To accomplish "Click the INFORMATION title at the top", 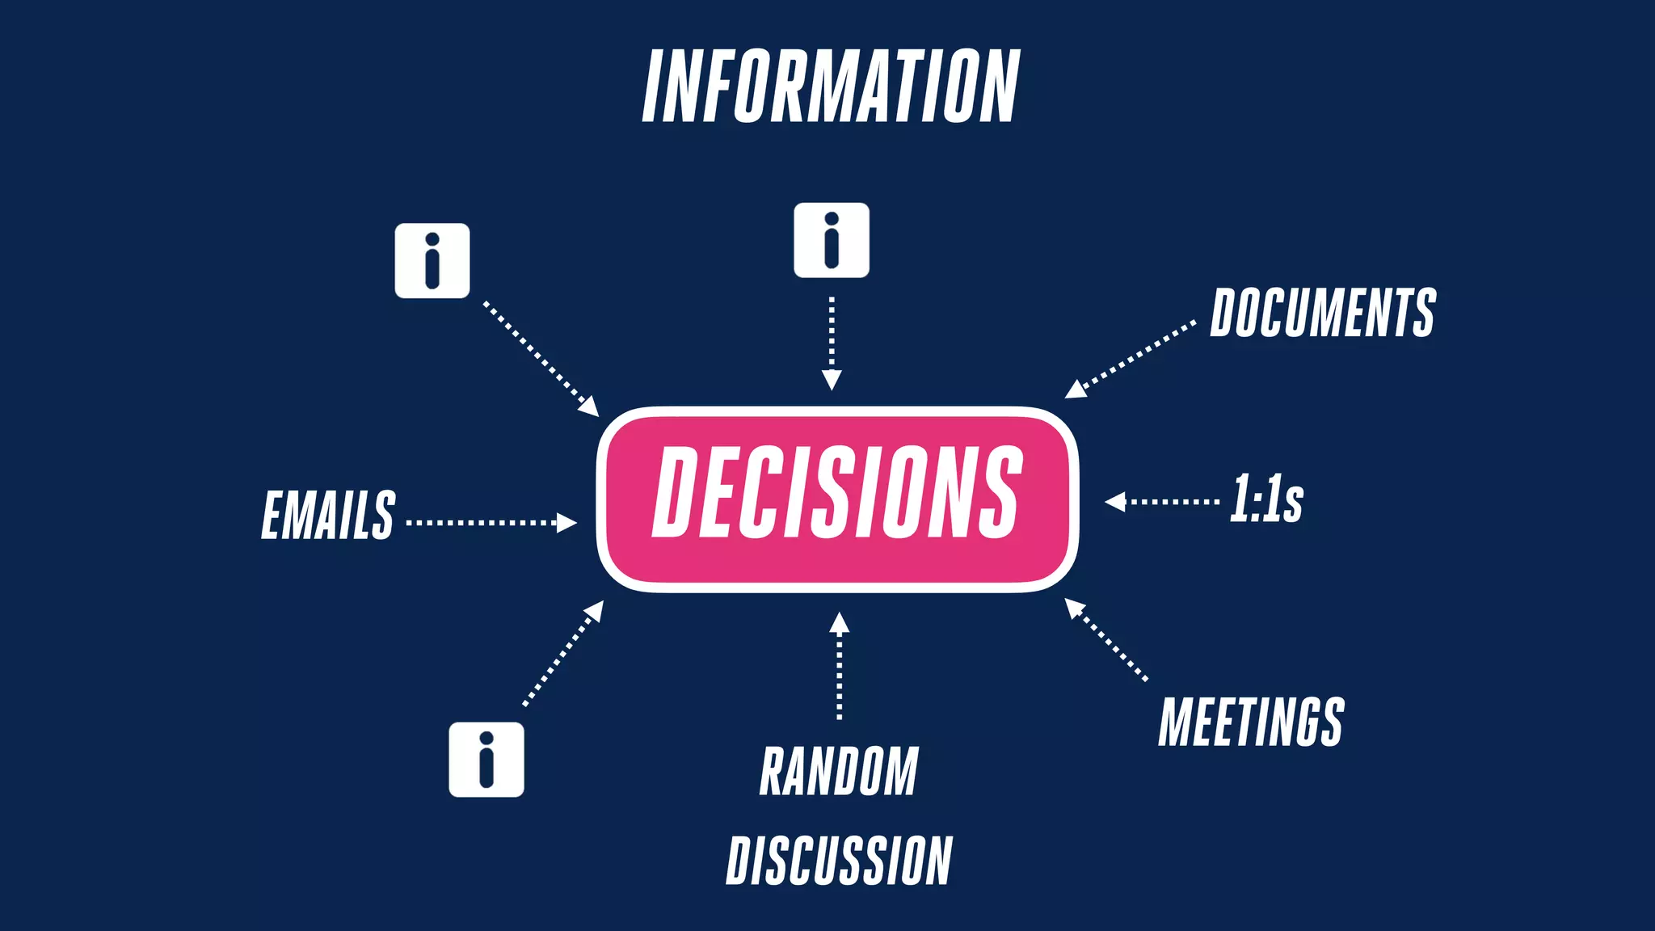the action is [831, 86].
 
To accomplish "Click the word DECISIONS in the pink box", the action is [837, 492].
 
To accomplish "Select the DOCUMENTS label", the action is [1323, 313].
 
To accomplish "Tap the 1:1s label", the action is [1266, 499].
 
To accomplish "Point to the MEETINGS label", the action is [1251, 722].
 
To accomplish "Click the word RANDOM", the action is [839, 772].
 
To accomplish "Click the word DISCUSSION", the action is [839, 861].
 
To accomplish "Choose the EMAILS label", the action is [328, 515].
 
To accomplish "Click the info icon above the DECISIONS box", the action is [832, 241].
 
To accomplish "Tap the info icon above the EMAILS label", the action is [432, 261].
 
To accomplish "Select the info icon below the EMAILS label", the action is [486, 760].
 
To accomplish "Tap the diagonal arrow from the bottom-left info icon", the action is [563, 653].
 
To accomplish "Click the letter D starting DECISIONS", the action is [679, 492].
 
